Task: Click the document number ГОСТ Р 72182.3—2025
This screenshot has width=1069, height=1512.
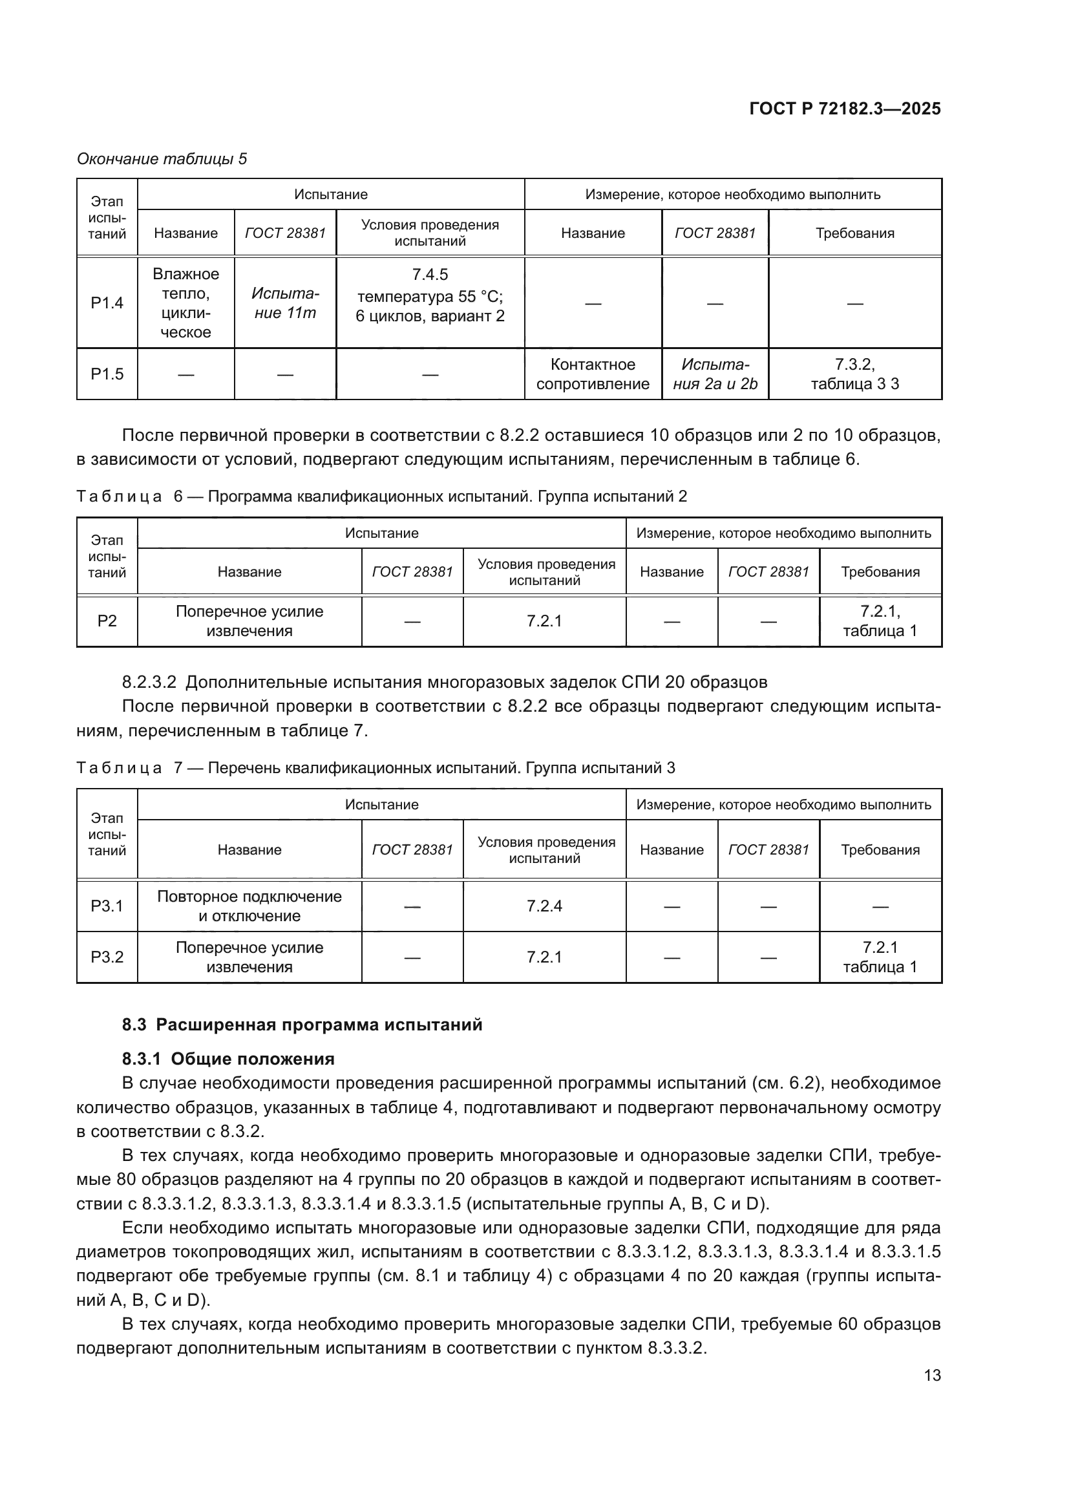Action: tap(845, 109)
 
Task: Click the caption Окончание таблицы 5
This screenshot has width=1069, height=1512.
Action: tap(162, 159)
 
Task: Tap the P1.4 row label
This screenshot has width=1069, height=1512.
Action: tap(107, 303)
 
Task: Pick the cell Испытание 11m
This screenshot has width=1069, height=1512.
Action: tap(285, 303)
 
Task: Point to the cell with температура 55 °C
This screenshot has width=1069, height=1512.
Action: tap(430, 295)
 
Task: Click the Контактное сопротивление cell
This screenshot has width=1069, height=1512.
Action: tap(593, 374)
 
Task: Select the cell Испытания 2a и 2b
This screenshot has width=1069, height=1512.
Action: tap(715, 374)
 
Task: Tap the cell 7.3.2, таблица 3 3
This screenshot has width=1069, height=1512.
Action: tap(854, 374)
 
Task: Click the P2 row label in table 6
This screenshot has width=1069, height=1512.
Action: tap(107, 621)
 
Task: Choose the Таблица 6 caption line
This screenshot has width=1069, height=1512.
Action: tap(381, 496)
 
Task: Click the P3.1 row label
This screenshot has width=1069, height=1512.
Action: tap(107, 906)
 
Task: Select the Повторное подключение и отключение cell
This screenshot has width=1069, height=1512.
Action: tap(249, 906)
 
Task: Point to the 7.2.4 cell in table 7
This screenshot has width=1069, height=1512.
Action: tap(544, 906)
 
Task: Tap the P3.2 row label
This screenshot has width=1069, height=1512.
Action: tap(107, 957)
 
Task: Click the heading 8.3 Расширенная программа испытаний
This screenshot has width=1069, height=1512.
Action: tap(302, 1025)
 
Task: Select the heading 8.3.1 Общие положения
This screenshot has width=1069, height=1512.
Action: tap(228, 1059)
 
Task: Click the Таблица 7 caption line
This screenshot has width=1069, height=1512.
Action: tap(376, 768)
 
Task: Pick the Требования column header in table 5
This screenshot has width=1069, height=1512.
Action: tap(854, 233)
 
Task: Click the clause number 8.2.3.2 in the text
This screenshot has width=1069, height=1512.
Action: tap(149, 681)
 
